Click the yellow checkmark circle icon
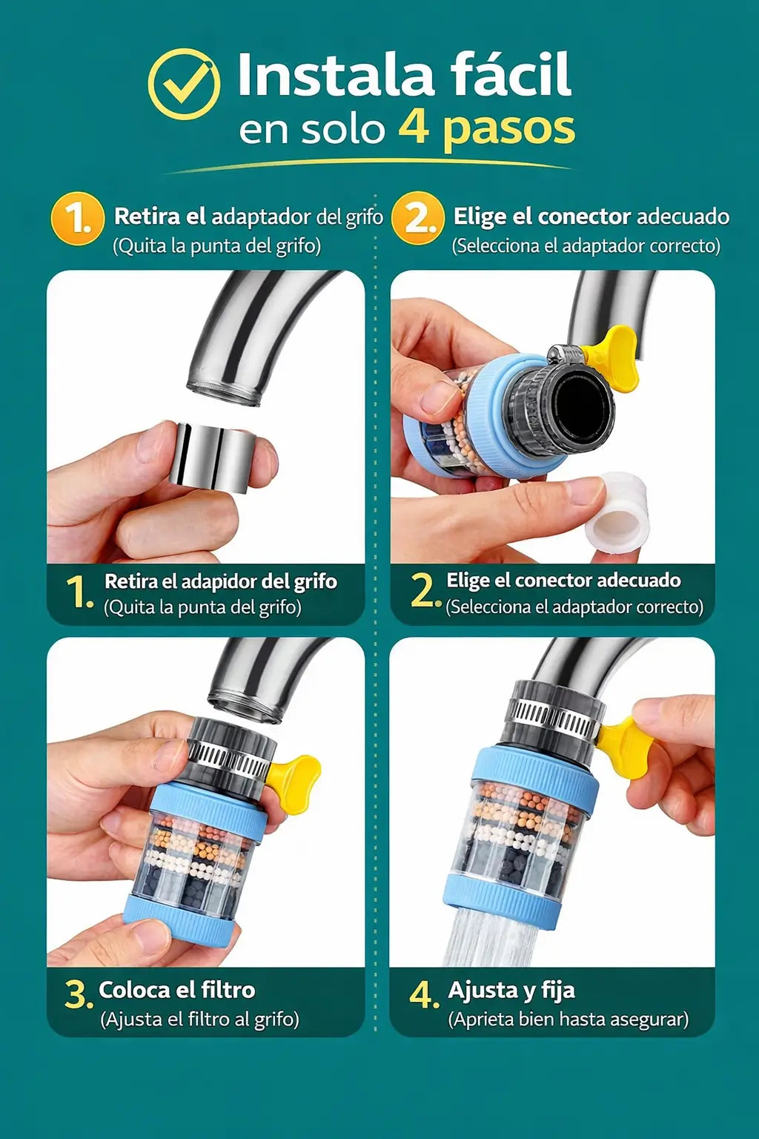[183, 84]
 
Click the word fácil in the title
[511, 75]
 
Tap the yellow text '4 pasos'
[486, 128]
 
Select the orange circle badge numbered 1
[77, 218]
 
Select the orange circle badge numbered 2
[417, 218]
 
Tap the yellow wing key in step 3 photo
[294, 782]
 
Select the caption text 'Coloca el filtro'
[176, 990]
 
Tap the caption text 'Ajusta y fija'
[511, 990]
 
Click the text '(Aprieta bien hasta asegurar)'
[568, 1020]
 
